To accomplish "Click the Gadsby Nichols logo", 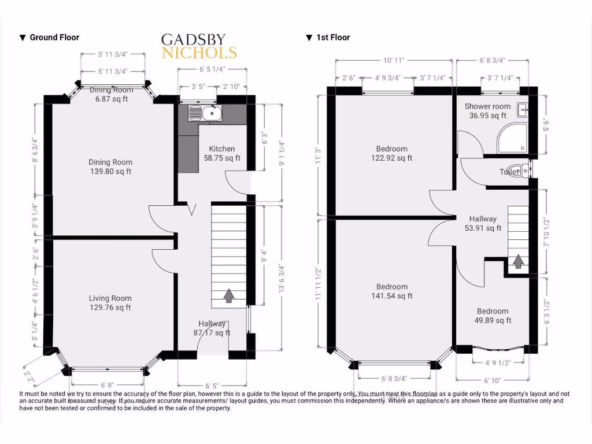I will (199, 47).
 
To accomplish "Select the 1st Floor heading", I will (328, 38).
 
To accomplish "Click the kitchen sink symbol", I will (205, 113).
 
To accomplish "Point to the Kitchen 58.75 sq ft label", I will (222, 153).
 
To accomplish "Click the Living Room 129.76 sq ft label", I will (110, 303).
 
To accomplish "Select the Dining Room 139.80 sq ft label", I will (110, 167).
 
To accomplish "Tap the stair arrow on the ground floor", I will (229, 296).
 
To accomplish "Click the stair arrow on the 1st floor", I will (519, 261).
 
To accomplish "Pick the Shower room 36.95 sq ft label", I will (487, 111).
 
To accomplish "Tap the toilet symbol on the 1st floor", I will (524, 171).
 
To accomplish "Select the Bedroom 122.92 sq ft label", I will (391, 153).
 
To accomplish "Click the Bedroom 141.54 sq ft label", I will (391, 291).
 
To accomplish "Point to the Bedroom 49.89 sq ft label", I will (493, 316).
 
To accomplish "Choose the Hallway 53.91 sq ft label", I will (483, 223).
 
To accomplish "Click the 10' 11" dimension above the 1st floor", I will (393, 60).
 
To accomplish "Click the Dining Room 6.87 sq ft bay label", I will (111, 94).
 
